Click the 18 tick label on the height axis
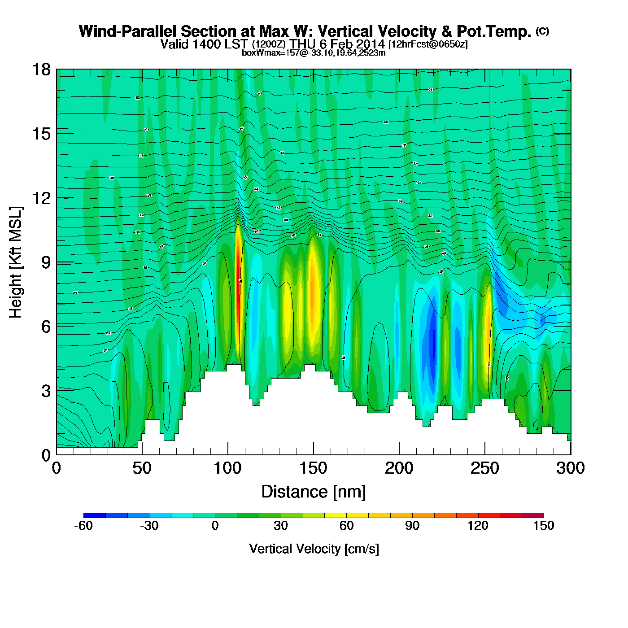[x=41, y=70]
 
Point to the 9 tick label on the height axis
[x=46, y=262]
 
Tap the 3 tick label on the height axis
[x=46, y=391]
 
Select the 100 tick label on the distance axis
[x=227, y=468]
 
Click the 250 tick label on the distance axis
[x=484, y=468]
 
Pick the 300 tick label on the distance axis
[x=570, y=468]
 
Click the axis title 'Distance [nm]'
[x=314, y=492]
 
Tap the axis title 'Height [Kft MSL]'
[x=16, y=262]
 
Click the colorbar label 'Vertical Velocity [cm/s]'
[x=314, y=549]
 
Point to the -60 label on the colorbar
[x=84, y=526]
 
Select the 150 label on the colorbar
[x=544, y=526]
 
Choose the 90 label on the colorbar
[x=412, y=526]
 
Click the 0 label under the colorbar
[x=215, y=526]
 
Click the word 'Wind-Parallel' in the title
[x=128, y=32]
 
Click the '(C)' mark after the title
[x=542, y=31]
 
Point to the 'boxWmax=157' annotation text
[x=264, y=53]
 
